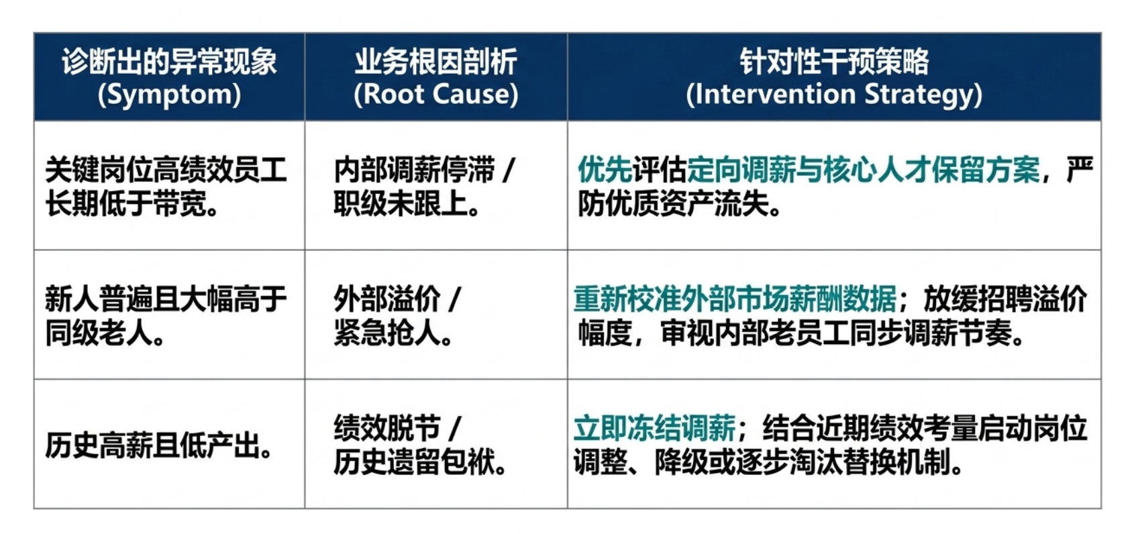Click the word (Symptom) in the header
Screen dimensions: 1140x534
click(x=169, y=95)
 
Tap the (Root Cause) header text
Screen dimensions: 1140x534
click(x=435, y=95)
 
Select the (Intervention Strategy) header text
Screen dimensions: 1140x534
click(x=833, y=95)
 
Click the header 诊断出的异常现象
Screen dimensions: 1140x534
click(x=169, y=62)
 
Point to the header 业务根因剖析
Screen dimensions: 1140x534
click(x=435, y=62)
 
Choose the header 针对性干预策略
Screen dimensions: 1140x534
click(x=833, y=62)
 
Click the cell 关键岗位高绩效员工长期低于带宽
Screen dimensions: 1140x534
click(x=166, y=186)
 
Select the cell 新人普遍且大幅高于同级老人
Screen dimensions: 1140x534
click(x=166, y=315)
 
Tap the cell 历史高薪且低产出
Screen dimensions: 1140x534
click(x=158, y=445)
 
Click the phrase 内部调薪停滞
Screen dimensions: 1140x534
click(x=414, y=170)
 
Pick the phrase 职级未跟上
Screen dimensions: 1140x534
click(x=406, y=204)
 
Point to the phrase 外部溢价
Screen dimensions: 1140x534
click(x=386, y=299)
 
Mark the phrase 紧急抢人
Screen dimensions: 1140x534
click(x=393, y=333)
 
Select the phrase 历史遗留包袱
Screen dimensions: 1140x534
click(x=419, y=462)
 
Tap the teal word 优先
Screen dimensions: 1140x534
click(x=605, y=170)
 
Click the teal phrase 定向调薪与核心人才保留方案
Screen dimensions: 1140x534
click(x=863, y=170)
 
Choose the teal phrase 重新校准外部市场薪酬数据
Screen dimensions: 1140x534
click(x=735, y=299)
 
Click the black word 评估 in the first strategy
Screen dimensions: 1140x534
click(x=659, y=170)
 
